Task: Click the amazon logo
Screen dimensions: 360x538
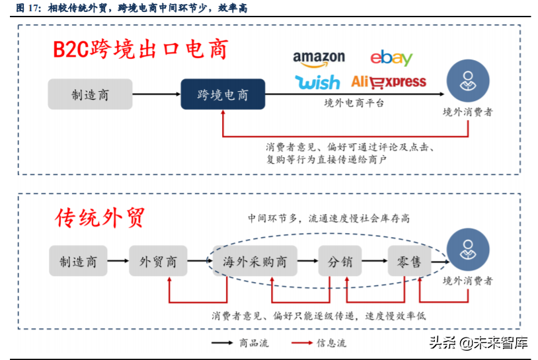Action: pyautogui.click(x=319, y=59)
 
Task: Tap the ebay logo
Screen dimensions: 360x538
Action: pyautogui.click(x=391, y=58)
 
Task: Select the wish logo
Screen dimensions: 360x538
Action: pyautogui.click(x=318, y=82)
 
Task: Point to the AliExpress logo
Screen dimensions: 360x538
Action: pyautogui.click(x=389, y=82)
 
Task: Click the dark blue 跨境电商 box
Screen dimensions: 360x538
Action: pyautogui.click(x=223, y=94)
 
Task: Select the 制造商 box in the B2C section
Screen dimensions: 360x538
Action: pyautogui.click(x=90, y=94)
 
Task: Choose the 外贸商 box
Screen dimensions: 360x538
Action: pyautogui.click(x=158, y=262)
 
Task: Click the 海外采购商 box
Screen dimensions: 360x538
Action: pyautogui.click(x=254, y=262)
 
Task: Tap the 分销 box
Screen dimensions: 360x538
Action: pyautogui.click(x=340, y=262)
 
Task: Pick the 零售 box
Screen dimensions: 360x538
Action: pyautogui.click(x=409, y=262)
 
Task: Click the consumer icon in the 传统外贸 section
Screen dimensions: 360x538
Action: pyautogui.click(x=467, y=250)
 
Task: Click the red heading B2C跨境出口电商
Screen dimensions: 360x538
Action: pyautogui.click(x=141, y=50)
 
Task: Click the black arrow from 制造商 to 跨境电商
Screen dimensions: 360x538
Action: pyautogui.click(x=157, y=94)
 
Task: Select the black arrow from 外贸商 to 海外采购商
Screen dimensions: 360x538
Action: pyautogui.click(x=199, y=262)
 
